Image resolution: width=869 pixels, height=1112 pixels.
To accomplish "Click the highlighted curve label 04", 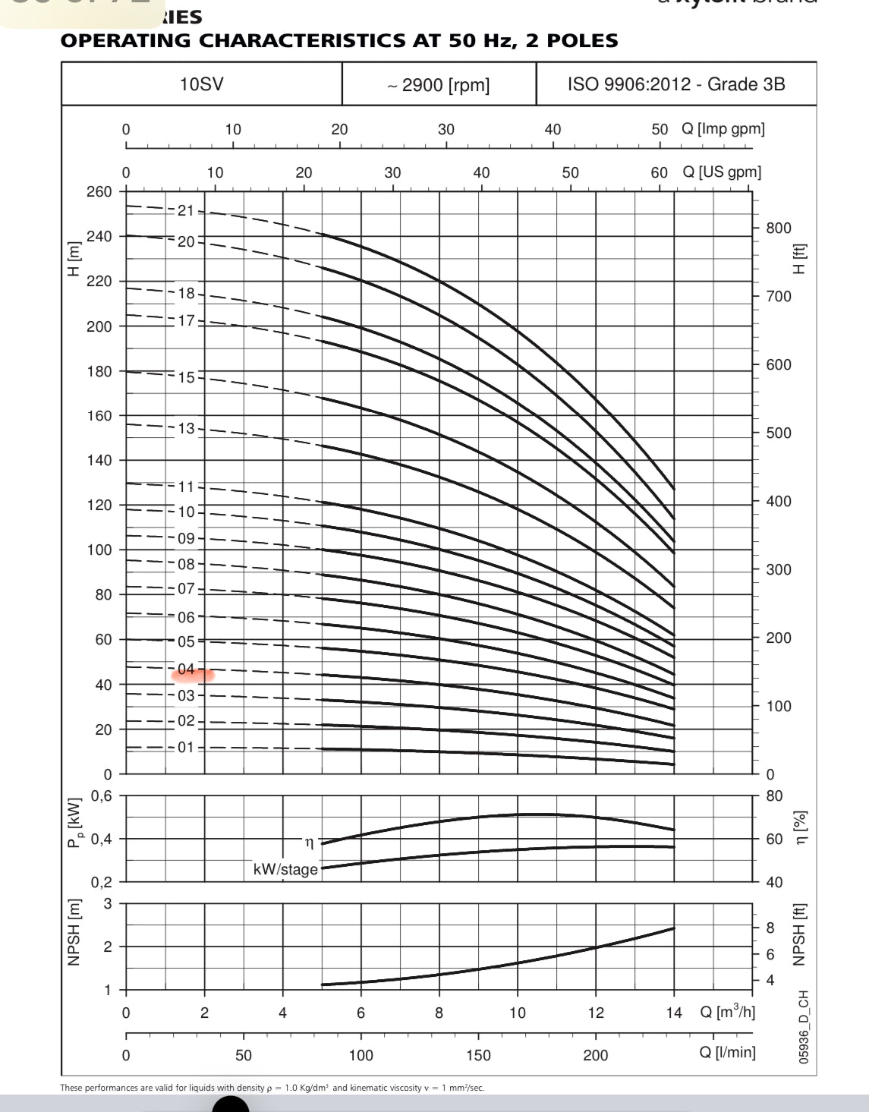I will pyautogui.click(x=187, y=669).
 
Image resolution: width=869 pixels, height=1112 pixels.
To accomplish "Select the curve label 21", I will pyautogui.click(x=187, y=211).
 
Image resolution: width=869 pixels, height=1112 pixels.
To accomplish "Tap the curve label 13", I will pyautogui.click(x=187, y=429).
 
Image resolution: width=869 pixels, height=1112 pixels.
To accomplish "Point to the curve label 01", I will pyautogui.click(x=187, y=748).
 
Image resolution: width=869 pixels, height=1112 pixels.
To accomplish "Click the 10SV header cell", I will pyautogui.click(x=201, y=84).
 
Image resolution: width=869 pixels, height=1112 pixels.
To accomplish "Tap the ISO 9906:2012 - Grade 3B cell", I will pyautogui.click(x=675, y=84).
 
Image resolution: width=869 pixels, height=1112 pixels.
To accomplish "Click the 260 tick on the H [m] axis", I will pyautogui.click(x=99, y=191).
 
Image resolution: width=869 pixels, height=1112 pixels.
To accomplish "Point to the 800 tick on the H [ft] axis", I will pyautogui.click(x=778, y=228).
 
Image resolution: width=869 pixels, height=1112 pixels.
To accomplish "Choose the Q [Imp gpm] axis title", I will pyautogui.click(x=723, y=129).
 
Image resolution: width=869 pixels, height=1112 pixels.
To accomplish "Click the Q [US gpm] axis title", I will pyautogui.click(x=721, y=172).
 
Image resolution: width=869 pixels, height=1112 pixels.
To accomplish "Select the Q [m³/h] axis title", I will pyautogui.click(x=727, y=1012).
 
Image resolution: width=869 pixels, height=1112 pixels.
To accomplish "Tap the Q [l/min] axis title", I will pyautogui.click(x=727, y=1053).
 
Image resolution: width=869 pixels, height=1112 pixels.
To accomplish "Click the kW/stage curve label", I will pyautogui.click(x=285, y=869).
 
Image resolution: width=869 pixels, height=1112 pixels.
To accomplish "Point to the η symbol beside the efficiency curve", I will pyautogui.click(x=309, y=843).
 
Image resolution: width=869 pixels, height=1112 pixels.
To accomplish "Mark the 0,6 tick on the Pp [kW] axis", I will pyautogui.click(x=101, y=796).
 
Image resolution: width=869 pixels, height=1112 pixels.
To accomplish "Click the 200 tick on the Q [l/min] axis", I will pyautogui.click(x=596, y=1055).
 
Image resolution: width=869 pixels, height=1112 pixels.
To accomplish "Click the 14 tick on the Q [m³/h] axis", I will pyautogui.click(x=674, y=1013).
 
